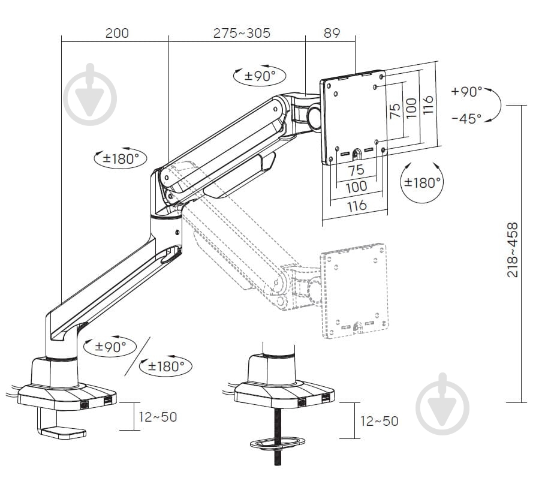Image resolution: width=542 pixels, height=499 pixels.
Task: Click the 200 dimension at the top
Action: click(x=117, y=33)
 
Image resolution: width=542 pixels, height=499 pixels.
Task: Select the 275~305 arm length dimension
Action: click(x=242, y=33)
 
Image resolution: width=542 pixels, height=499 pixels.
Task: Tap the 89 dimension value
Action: click(x=332, y=33)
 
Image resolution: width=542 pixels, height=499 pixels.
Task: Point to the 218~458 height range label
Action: click(x=513, y=250)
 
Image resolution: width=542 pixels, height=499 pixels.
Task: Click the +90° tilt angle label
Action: click(x=466, y=92)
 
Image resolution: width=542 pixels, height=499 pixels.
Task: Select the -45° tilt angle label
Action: click(x=466, y=119)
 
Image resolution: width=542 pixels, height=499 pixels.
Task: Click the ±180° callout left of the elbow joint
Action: click(x=120, y=159)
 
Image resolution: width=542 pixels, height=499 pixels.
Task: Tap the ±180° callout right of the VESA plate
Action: click(x=422, y=182)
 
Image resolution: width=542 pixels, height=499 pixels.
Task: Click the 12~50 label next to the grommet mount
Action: click(x=379, y=422)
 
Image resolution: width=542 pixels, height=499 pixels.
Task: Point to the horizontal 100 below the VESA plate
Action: click(x=356, y=187)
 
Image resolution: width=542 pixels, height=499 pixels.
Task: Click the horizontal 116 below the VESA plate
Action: click(x=356, y=206)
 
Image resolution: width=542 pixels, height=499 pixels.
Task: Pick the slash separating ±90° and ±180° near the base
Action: click(x=137, y=356)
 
